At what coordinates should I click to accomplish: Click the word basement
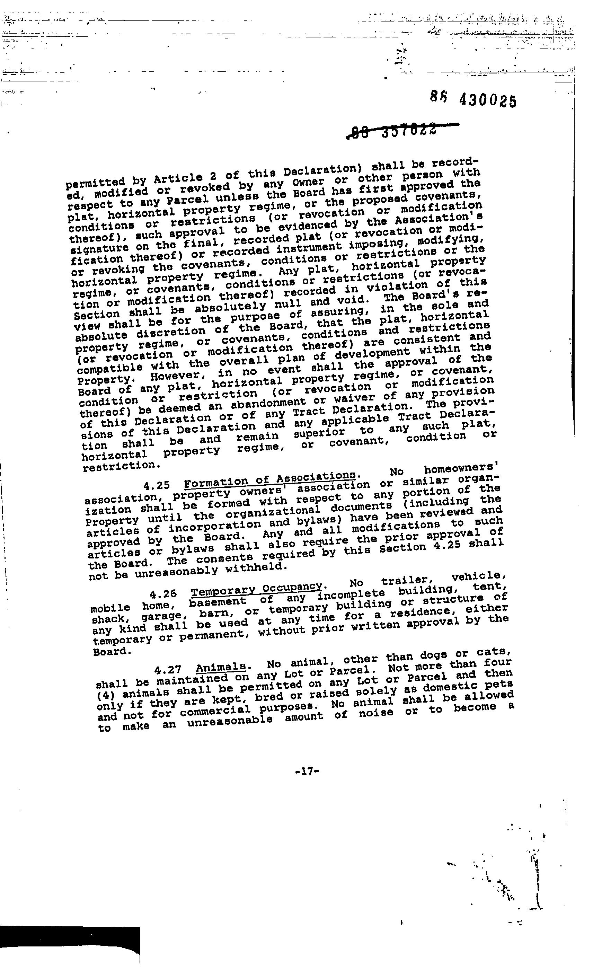pyautogui.click(x=218, y=601)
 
